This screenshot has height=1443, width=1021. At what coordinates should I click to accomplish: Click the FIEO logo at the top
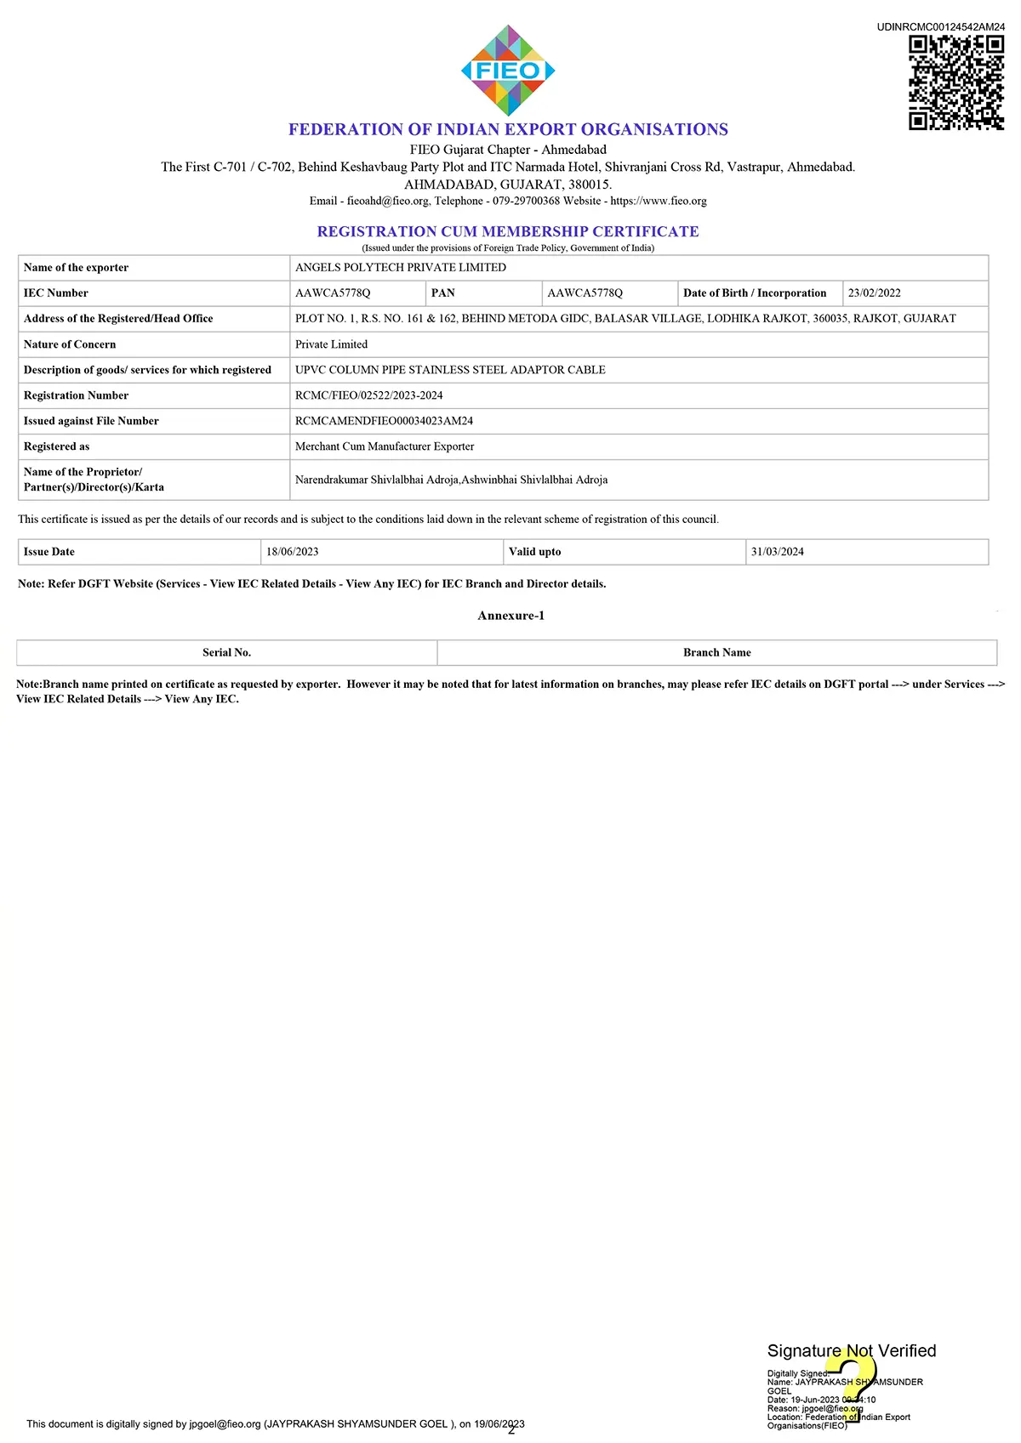pos(508,71)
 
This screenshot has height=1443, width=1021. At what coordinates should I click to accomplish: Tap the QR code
pos(955,82)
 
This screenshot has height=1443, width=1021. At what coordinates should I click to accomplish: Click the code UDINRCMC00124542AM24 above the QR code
pos(940,27)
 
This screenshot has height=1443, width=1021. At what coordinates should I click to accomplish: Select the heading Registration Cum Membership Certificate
pos(508,231)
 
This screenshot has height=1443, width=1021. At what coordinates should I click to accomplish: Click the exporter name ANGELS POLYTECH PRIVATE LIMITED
pos(400,268)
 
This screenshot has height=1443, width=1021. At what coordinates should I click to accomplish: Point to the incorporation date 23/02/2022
pos(874,293)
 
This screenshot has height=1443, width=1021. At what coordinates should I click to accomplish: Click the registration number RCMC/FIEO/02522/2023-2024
pos(368,395)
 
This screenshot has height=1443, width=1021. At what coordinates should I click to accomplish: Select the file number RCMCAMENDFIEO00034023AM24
pos(384,421)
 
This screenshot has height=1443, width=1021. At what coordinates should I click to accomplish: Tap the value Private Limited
pos(331,344)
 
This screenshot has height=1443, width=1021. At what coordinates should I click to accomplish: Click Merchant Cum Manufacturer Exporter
pos(385,446)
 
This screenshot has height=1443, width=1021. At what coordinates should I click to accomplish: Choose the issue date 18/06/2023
pos(292,552)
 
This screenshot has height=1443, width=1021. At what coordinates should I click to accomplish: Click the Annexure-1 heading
pos(510,616)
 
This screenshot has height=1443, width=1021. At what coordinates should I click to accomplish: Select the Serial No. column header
pos(226,653)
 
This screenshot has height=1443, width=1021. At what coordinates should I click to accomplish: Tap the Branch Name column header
pos(716,653)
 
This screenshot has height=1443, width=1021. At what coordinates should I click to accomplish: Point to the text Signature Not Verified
pos(851,1351)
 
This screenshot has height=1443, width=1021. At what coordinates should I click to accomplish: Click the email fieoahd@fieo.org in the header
pos(388,202)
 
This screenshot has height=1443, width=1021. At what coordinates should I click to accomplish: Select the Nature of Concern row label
pos(70,344)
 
